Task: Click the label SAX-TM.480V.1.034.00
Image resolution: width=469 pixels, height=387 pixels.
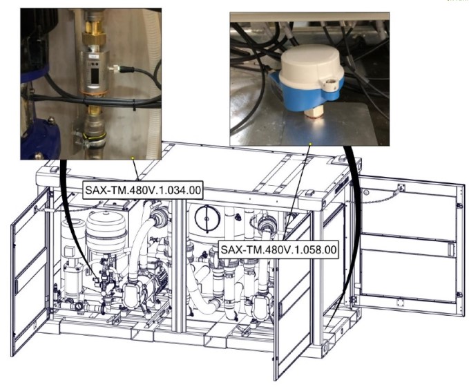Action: (x=143, y=190)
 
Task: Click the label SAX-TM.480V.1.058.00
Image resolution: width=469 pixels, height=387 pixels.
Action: (x=278, y=249)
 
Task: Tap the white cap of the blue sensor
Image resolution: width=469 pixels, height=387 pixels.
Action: (x=312, y=65)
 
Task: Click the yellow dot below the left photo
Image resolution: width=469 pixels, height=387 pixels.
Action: (x=132, y=158)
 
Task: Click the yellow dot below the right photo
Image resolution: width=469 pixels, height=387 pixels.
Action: (x=310, y=144)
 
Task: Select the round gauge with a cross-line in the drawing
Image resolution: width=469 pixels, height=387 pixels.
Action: (x=207, y=218)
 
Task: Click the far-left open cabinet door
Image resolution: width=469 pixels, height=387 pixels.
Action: (x=29, y=272)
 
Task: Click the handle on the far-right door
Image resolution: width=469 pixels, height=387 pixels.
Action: (x=451, y=249)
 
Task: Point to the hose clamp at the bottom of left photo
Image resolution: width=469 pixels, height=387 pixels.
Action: (x=90, y=138)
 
